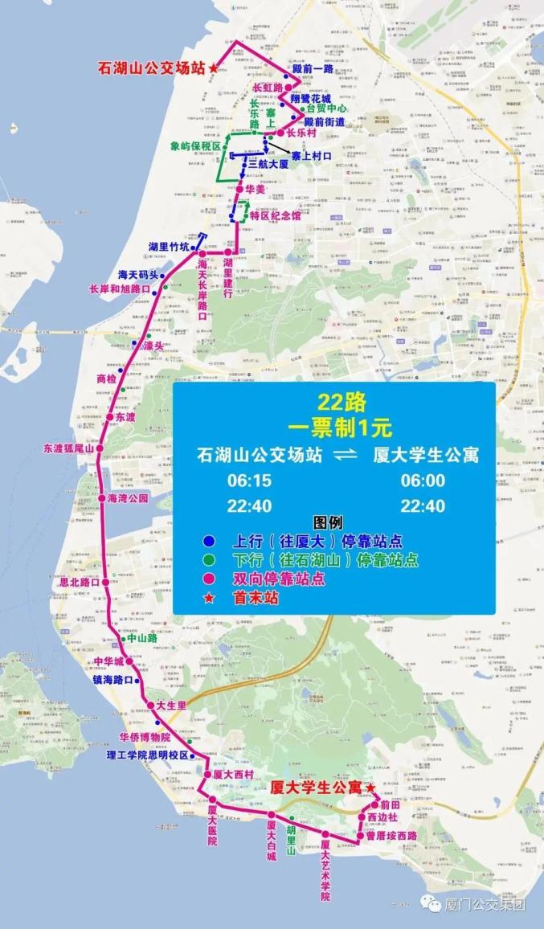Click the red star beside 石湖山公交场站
tap(213, 69)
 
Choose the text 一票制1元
tap(334, 425)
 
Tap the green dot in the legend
tap(208, 559)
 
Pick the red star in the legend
tap(208, 597)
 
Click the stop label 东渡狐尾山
tap(69, 448)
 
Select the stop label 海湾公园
tap(129, 498)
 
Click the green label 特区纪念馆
tap(275, 215)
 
